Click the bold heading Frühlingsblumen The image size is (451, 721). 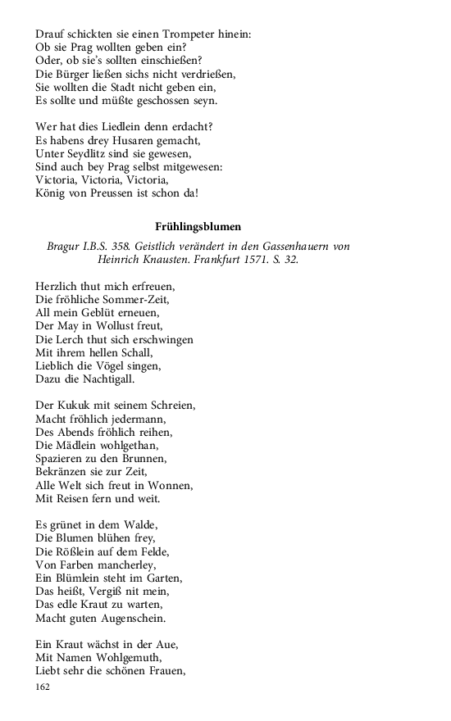[x=198, y=227]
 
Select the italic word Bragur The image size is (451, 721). [x=66, y=246]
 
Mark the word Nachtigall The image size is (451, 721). [x=105, y=378]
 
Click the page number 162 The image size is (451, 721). [x=43, y=687]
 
